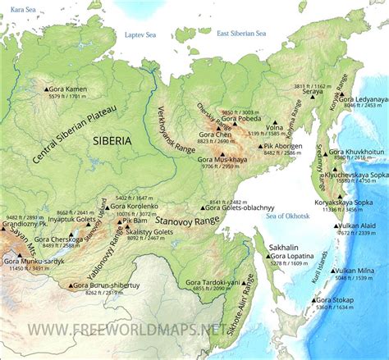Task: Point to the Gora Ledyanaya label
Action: pos(359,96)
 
